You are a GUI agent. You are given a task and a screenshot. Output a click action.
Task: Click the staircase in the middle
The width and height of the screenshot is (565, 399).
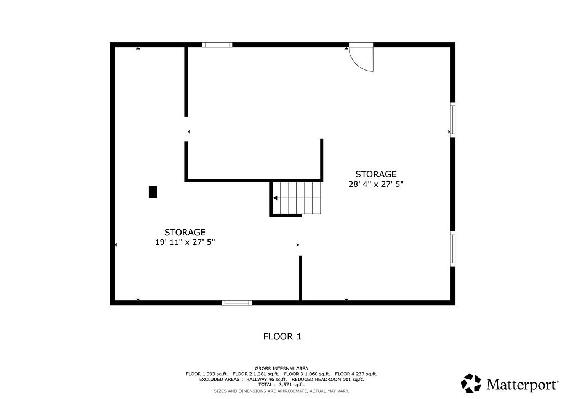pos(298,198)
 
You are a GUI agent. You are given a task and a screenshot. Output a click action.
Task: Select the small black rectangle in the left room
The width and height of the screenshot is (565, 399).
pos(153,192)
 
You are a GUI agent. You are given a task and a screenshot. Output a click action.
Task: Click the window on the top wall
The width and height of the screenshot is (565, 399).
pos(217,45)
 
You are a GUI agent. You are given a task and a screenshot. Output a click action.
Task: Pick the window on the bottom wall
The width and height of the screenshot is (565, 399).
pos(237,303)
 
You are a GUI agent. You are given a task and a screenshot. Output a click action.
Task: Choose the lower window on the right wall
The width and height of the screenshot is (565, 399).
pos(452,249)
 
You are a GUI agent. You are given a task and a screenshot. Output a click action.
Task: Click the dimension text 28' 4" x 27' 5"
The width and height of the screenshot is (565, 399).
pos(376,185)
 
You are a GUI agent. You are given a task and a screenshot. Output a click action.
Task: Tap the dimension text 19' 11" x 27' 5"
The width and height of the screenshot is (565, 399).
pos(185,242)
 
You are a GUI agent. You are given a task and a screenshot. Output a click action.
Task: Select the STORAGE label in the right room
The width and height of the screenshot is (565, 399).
pos(376,174)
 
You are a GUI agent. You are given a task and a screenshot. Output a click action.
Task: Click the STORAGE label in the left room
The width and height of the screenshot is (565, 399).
pos(185,232)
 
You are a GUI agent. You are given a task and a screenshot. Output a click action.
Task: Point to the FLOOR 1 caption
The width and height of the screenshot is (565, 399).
pos(282,336)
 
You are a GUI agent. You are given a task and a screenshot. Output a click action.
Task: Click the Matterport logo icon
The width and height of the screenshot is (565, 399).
pos(472,383)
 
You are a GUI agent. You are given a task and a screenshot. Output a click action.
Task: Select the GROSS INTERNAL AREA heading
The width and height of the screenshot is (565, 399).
pos(282,368)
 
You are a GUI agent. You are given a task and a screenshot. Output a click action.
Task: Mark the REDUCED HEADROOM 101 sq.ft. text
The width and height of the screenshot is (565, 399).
pos(327,379)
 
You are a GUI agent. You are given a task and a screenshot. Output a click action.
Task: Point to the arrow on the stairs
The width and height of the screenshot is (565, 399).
pos(275,197)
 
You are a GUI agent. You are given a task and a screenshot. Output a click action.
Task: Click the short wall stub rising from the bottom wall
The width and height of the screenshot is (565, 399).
pos(300,278)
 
